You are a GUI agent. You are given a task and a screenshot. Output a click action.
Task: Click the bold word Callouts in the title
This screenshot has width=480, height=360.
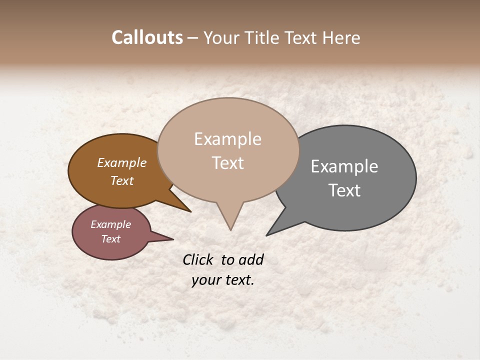147,37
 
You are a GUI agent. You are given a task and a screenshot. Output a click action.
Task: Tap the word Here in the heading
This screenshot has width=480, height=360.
341,37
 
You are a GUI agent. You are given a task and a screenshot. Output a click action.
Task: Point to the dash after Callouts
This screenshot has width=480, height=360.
193,38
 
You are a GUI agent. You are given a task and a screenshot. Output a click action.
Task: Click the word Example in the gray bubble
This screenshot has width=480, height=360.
344,166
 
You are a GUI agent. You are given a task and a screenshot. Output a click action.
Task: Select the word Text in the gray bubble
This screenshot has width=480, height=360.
344,190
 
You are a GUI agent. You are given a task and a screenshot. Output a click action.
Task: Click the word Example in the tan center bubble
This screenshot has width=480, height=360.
227,139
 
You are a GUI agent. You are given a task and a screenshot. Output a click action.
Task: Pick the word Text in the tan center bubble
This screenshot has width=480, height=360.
227,163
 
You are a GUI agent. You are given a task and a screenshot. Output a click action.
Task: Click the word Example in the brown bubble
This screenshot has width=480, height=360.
122,162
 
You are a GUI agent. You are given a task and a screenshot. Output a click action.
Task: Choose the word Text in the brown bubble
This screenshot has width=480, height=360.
122,180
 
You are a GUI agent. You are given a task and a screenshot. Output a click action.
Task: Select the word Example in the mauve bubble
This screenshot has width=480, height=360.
111,224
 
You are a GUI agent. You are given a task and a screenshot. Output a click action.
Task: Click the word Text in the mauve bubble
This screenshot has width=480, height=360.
111,239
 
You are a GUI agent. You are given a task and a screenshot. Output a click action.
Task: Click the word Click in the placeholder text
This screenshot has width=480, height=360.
198,259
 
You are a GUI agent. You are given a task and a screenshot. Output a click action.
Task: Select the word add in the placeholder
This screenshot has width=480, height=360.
251,259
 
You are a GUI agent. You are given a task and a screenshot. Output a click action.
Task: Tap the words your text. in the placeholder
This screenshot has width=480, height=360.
223,280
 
